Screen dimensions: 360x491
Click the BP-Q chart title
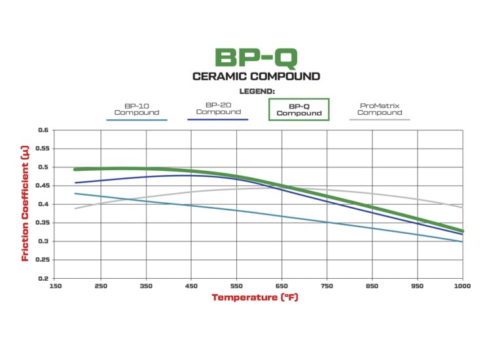click(x=256, y=56)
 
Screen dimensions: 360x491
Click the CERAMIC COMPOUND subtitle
click(x=256, y=77)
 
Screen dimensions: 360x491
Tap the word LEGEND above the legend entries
click(x=256, y=91)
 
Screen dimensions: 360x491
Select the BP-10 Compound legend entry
click(x=137, y=109)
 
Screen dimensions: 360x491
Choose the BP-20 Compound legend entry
click(x=218, y=108)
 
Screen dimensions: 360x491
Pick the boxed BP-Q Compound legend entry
click(x=299, y=109)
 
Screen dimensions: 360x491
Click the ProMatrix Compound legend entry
click(x=380, y=109)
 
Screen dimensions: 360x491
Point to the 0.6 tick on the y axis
click(x=43, y=130)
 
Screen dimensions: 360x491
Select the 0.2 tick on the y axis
click(x=43, y=278)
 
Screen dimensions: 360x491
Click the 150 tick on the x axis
click(x=56, y=286)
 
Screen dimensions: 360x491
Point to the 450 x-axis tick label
click(x=192, y=286)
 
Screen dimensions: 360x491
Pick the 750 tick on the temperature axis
click(x=327, y=286)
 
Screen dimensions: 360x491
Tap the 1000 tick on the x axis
click(x=462, y=286)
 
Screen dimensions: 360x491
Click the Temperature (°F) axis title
click(x=255, y=298)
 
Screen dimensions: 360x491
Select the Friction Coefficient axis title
click(x=26, y=204)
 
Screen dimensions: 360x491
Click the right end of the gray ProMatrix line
click(x=462, y=207)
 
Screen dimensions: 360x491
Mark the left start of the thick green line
click(x=75, y=170)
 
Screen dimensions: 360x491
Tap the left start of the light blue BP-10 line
click(x=75, y=193)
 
